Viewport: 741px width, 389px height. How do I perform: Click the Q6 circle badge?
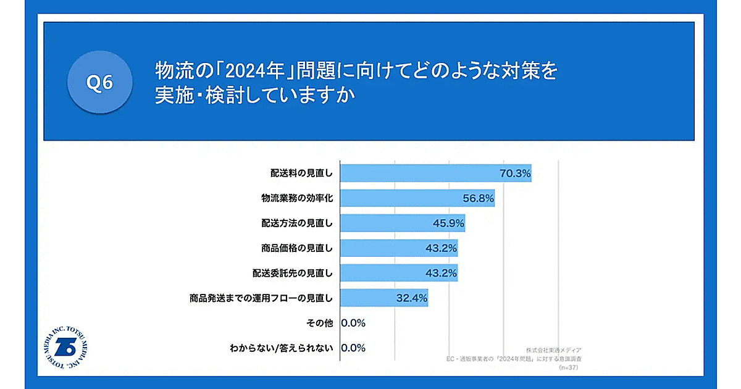(x=99, y=83)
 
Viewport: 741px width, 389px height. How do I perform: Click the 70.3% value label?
(x=515, y=174)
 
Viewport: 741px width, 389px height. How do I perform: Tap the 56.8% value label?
(x=479, y=198)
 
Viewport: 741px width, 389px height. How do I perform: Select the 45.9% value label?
(x=448, y=223)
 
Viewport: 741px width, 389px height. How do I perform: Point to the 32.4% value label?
(x=412, y=298)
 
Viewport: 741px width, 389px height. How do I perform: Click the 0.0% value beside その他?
(x=354, y=323)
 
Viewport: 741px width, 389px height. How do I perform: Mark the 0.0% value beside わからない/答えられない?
(x=354, y=348)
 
